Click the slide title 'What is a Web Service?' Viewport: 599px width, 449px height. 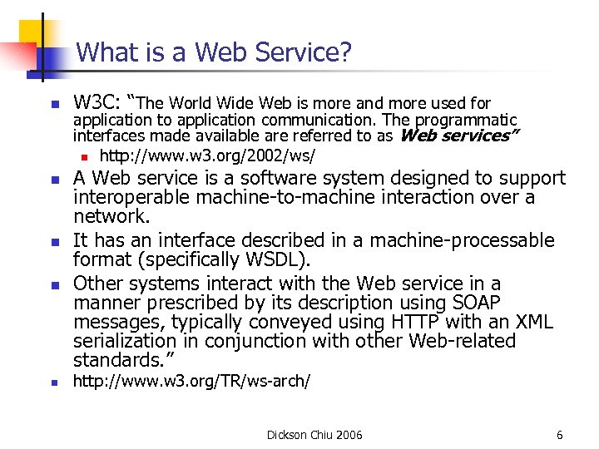[x=214, y=53]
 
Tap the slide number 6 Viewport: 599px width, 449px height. [x=560, y=435]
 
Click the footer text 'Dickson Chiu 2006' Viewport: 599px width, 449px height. [x=314, y=435]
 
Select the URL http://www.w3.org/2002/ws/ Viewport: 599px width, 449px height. [x=207, y=156]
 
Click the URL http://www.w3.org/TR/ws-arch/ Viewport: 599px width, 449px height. [x=192, y=382]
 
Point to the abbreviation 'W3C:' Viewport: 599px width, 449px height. [x=98, y=103]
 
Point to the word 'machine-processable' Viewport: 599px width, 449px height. [x=463, y=241]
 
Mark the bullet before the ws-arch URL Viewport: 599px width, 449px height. [x=52, y=383]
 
